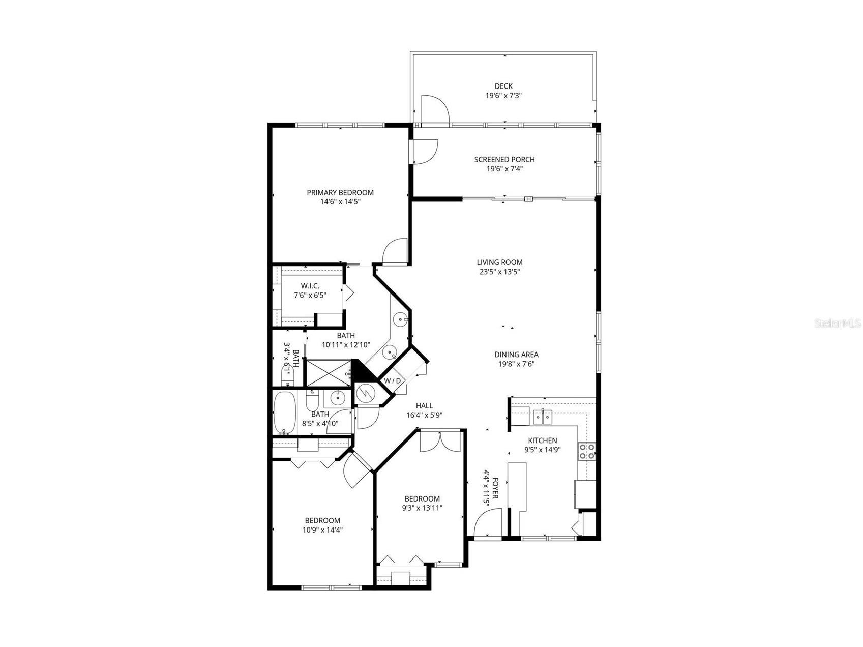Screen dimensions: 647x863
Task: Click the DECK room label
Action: [x=503, y=86]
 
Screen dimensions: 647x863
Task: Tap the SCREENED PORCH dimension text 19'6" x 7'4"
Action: [x=504, y=169]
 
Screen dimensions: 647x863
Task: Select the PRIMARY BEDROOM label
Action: [x=340, y=193]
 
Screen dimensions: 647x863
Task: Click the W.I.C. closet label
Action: [x=310, y=286]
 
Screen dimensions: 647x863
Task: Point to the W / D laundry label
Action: [x=392, y=380]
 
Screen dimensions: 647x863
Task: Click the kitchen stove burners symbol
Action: [x=587, y=451]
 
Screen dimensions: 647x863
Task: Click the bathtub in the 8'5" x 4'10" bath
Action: [x=284, y=413]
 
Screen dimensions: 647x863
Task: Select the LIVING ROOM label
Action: [x=499, y=262]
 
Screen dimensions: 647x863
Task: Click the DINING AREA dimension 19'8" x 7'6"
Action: [x=516, y=364]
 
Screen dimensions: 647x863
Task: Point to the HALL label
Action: [x=424, y=405]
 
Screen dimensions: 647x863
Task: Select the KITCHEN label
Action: [x=542, y=440]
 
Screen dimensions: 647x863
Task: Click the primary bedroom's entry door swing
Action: [x=395, y=252]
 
